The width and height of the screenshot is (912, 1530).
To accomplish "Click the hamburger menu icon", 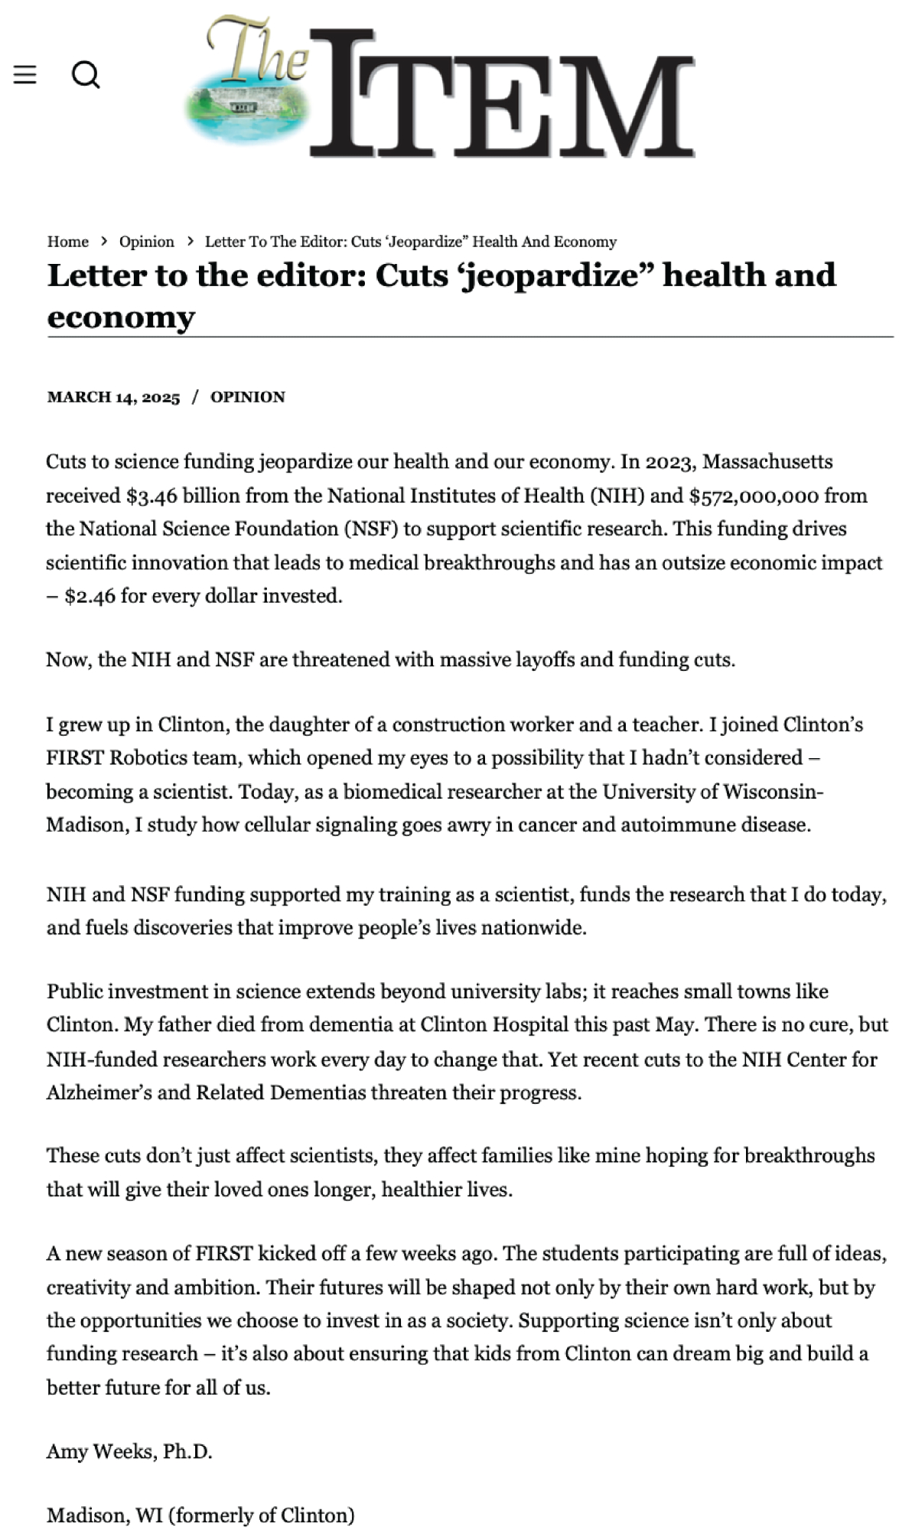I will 25,74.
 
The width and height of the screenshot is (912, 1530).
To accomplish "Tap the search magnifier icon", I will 86,75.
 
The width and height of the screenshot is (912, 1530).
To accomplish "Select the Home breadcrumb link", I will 68,242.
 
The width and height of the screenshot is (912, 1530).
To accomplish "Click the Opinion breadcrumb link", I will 146,242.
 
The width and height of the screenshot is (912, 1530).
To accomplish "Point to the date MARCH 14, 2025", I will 113,397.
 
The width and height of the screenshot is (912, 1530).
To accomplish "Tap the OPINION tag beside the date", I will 248,397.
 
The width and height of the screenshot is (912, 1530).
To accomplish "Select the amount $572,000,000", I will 754,496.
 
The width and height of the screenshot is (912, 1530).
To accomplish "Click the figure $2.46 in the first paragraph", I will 90,596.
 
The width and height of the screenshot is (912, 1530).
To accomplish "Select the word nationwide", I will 536,928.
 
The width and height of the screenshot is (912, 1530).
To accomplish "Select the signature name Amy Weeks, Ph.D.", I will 129,1451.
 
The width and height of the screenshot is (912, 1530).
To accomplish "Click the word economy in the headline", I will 121,317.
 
